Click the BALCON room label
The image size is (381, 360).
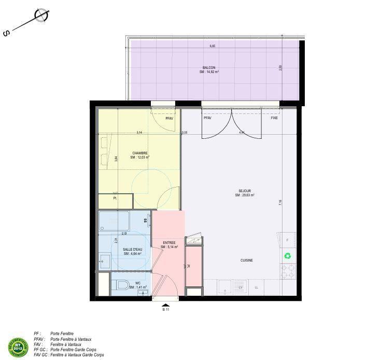(x=209, y=68)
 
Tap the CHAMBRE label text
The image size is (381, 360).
(x=139, y=153)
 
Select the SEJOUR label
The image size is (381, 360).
(x=244, y=191)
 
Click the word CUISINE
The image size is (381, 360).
(x=246, y=261)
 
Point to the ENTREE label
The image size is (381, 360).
(x=169, y=242)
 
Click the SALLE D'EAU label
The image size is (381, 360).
(x=132, y=249)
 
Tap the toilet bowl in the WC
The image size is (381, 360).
(x=122, y=284)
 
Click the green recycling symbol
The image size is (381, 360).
(x=287, y=255)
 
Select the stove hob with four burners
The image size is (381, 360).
(x=288, y=270)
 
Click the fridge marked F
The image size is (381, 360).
(x=287, y=240)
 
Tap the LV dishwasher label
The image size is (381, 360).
(x=241, y=286)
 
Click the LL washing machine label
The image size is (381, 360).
(x=256, y=286)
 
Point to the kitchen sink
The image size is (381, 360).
(x=224, y=286)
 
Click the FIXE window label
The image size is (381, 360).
(x=274, y=118)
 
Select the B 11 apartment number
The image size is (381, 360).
(x=165, y=309)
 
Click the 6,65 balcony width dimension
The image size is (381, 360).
(x=212, y=46)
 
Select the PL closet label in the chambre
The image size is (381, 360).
(x=115, y=198)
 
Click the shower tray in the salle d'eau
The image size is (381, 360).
(x=114, y=221)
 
